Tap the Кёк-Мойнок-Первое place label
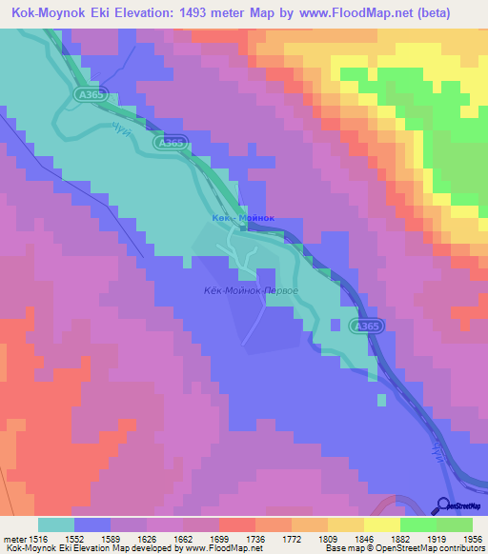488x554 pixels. pyautogui.click(x=253, y=290)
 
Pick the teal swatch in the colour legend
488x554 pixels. pyautogui.click(x=56, y=524)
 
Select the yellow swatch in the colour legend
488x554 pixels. pyautogui.click(x=382, y=524)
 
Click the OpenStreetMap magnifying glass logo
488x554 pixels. pyautogui.click(x=444, y=505)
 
